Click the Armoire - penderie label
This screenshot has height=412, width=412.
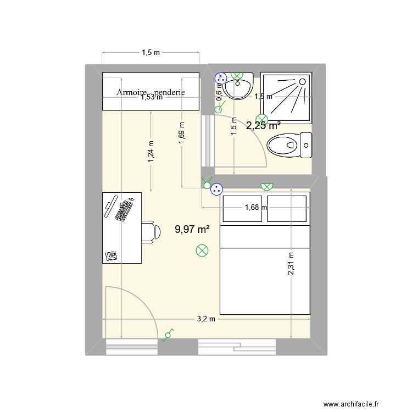click(x=151, y=92)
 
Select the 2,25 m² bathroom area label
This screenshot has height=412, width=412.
click(x=263, y=125)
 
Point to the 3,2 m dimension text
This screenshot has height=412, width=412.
click(x=207, y=319)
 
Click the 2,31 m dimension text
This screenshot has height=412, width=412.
click(x=291, y=267)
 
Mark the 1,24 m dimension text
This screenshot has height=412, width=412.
click(x=151, y=149)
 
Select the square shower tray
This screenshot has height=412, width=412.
click(x=286, y=98)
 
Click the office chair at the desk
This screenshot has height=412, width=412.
click(x=150, y=231)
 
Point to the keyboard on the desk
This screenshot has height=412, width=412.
click(x=124, y=210)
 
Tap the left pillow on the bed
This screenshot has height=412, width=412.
click(x=242, y=209)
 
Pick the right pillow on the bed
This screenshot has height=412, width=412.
click(x=286, y=209)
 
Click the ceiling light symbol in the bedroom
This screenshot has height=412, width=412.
click(x=202, y=251)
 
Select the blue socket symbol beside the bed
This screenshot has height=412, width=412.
click(x=217, y=189)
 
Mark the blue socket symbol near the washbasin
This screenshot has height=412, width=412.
click(x=220, y=77)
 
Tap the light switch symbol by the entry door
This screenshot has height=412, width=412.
click(x=168, y=335)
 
